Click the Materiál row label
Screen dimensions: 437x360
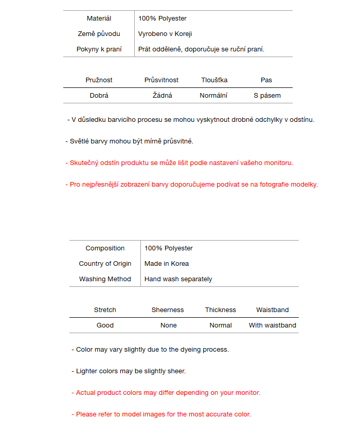click(99, 19)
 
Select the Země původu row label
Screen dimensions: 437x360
click(99, 34)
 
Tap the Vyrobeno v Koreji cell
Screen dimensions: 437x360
click(165, 34)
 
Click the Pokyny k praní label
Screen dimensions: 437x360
click(99, 49)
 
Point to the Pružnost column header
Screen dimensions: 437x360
click(99, 80)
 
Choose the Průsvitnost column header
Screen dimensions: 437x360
click(161, 80)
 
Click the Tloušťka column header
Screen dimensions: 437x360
click(214, 80)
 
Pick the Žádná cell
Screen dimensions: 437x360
click(163, 96)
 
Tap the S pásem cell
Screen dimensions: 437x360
click(267, 96)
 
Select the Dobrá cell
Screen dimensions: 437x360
click(99, 96)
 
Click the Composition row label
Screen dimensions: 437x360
click(105, 248)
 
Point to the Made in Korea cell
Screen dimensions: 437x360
click(167, 264)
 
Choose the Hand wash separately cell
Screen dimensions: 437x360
click(178, 279)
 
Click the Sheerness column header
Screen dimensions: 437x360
click(168, 310)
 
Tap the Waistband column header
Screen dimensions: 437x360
click(273, 310)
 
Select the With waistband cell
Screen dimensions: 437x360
click(273, 325)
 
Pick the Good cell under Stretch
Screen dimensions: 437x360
click(105, 325)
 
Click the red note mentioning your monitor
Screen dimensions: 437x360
click(166, 393)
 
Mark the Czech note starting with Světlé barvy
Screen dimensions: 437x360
click(129, 141)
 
